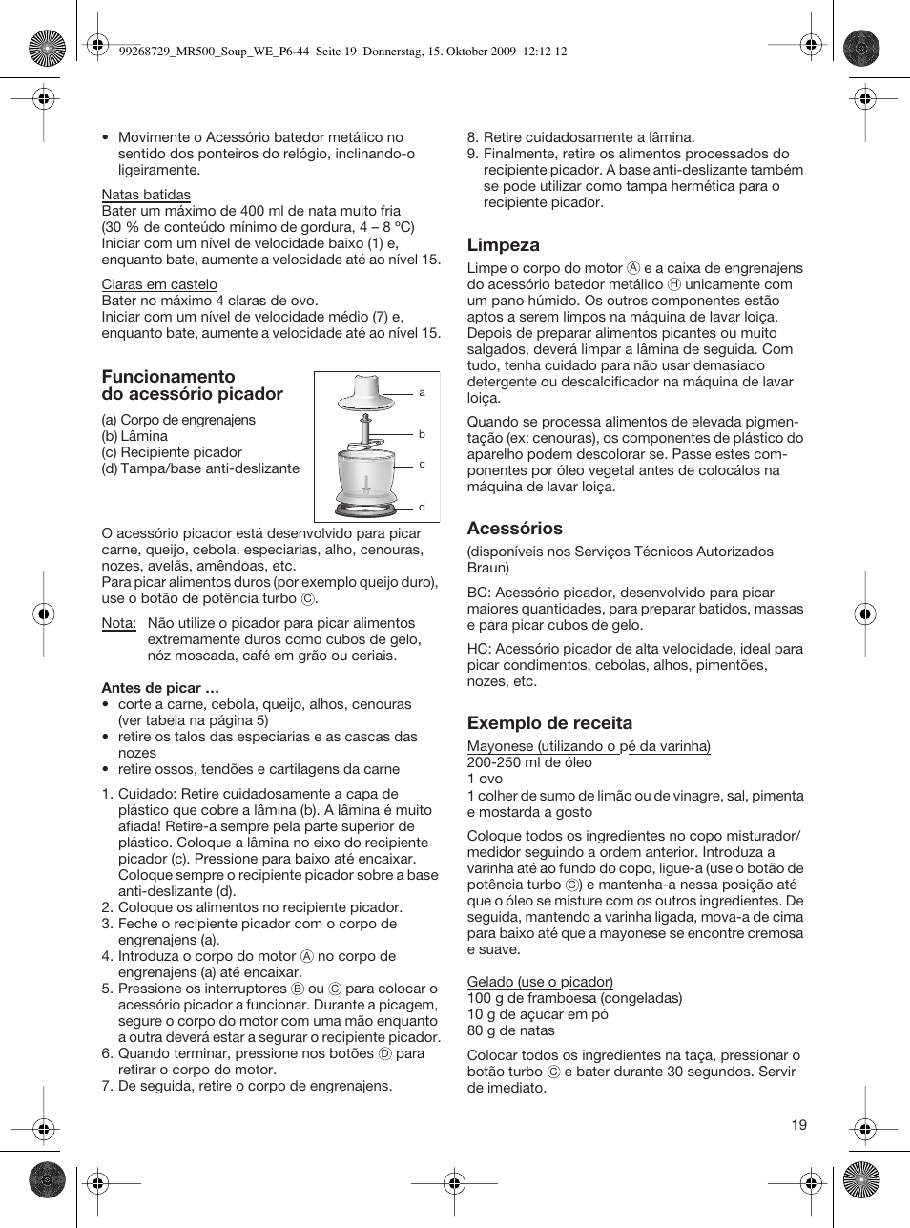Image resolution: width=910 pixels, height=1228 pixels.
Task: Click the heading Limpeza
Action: pos(503,245)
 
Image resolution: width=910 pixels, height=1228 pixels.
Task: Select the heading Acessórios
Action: pos(514,529)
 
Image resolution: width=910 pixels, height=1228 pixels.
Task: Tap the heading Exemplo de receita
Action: pos(549,723)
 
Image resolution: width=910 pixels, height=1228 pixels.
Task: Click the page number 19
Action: pos(798,1124)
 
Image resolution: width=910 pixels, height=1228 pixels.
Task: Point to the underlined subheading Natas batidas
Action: pos(146,195)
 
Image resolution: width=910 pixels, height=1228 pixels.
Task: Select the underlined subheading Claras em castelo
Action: pos(159,284)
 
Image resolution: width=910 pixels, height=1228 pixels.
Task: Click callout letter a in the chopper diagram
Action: pos(422,392)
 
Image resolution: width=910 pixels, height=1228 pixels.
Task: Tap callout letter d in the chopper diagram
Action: pos(422,507)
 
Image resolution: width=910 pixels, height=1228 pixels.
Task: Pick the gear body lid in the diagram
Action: pos(366,392)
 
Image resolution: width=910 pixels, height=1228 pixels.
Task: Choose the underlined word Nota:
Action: pos(118,623)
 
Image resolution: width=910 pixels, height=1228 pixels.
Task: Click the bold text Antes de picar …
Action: pos(152,688)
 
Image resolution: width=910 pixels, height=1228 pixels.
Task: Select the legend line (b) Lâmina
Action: pos(134,436)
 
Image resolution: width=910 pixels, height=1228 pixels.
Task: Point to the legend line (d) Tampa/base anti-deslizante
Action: pos(200,468)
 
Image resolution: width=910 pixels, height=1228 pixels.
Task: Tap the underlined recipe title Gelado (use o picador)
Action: pos(540,982)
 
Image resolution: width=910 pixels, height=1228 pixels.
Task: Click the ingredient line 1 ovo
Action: pos(485,779)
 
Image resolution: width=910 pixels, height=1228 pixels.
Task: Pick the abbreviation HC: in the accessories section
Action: pos(479,649)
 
